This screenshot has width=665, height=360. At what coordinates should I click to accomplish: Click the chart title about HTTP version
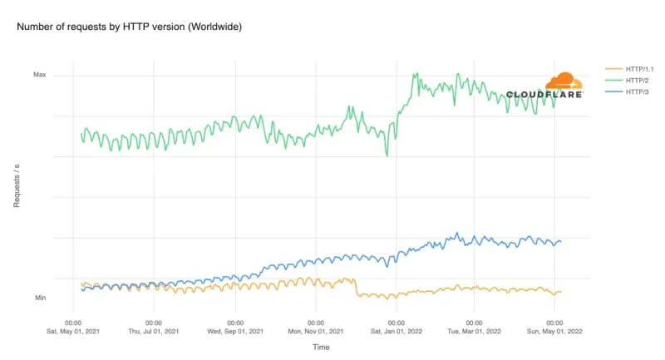click(x=129, y=27)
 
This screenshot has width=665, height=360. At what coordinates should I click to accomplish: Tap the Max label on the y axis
click(x=39, y=75)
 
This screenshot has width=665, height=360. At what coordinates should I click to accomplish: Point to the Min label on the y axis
click(x=40, y=298)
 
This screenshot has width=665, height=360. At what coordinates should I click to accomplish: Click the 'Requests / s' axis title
click(x=17, y=186)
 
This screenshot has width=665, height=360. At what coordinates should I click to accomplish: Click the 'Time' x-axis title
click(x=321, y=346)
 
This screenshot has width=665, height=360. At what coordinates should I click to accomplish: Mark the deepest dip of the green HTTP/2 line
click(x=387, y=155)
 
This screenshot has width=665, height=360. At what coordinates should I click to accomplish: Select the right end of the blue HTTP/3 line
click(x=561, y=241)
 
